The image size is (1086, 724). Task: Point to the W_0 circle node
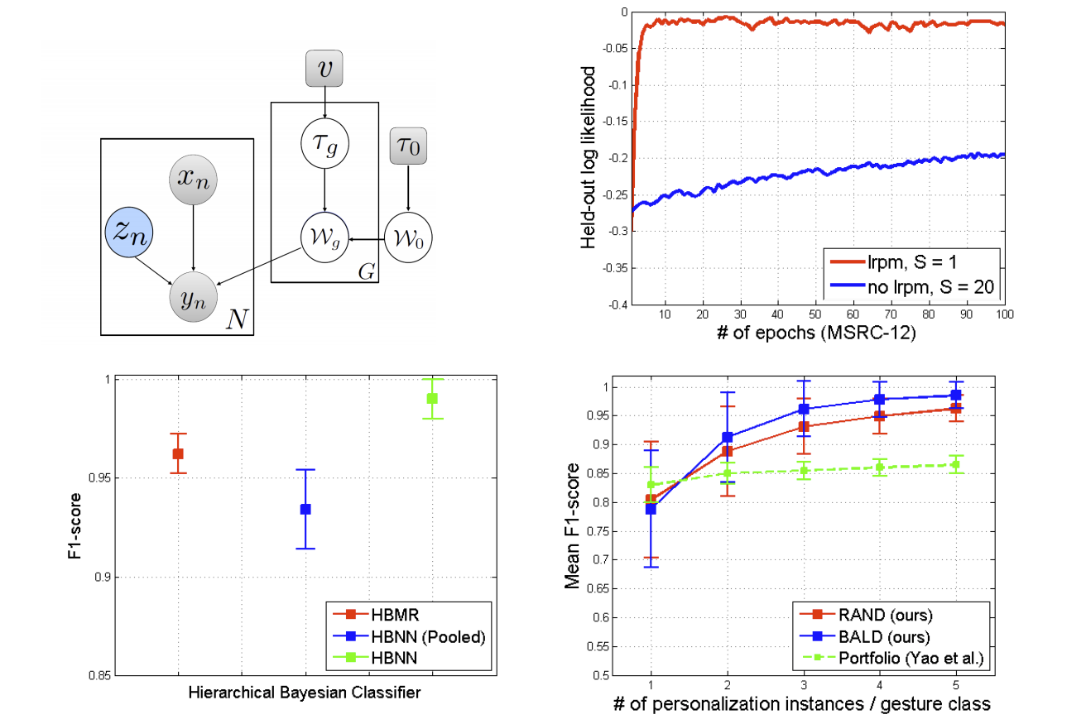coord(408,240)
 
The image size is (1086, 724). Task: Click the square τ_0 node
coord(408,151)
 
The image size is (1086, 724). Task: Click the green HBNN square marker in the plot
coord(432,398)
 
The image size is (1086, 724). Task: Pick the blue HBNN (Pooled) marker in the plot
coord(305,509)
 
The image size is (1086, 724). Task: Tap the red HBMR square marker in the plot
coord(178,453)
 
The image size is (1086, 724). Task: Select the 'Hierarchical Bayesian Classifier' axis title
coord(305,693)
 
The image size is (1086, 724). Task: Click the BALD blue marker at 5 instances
coord(956,395)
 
